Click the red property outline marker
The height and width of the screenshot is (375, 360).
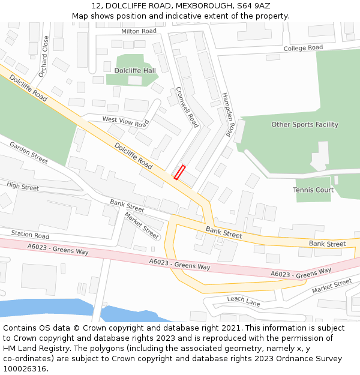click(179, 172)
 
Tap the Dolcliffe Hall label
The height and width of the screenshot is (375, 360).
click(135, 70)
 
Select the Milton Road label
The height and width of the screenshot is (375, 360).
click(139, 31)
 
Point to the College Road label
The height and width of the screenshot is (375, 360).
click(303, 48)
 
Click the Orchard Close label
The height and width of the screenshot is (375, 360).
click(44, 56)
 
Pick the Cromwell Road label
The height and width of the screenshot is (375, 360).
click(187, 107)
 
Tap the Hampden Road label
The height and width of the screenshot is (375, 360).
click(227, 115)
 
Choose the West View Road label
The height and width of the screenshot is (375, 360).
click(125, 122)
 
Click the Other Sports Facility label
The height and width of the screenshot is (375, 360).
click(305, 125)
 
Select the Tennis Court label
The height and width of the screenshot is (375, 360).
click(313, 190)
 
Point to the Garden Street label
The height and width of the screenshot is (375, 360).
click(28, 153)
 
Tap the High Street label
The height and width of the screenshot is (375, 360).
click(23, 187)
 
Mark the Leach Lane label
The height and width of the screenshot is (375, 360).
click(244, 301)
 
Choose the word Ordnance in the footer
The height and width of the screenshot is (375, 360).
click(293, 358)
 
